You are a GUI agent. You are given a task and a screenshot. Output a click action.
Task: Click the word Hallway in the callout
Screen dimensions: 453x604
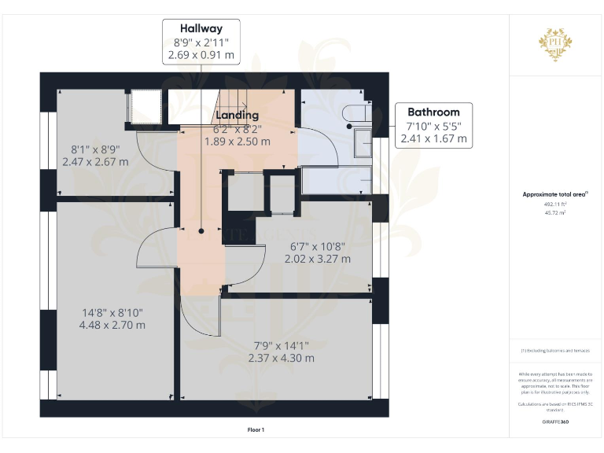tap(201, 28)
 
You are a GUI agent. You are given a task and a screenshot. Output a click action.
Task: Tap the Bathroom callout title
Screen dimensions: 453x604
tap(433, 112)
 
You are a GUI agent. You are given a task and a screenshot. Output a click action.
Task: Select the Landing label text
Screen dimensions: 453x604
tap(238, 116)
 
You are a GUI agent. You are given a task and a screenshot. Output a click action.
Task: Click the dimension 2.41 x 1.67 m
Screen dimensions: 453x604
tap(433, 138)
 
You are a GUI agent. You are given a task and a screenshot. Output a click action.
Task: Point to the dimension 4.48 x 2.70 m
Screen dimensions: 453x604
tap(112, 324)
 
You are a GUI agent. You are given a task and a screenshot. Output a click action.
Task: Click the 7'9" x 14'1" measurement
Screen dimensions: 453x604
tap(281, 344)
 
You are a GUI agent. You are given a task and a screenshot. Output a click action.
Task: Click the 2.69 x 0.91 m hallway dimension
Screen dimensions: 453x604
tap(201, 56)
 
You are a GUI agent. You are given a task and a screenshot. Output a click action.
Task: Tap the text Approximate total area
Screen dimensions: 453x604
tap(554, 194)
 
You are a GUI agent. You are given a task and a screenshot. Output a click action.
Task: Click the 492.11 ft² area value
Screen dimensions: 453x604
tap(555, 204)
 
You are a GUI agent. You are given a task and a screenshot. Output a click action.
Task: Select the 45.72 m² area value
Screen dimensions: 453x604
tap(555, 212)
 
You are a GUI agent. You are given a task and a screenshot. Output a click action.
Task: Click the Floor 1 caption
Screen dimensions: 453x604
tap(256, 429)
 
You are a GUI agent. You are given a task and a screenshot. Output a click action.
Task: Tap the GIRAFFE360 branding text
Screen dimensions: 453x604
tap(555, 423)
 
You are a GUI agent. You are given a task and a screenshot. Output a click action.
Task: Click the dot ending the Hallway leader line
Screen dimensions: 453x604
tap(201, 231)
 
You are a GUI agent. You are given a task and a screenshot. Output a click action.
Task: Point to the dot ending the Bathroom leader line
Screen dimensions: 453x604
tap(348, 125)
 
